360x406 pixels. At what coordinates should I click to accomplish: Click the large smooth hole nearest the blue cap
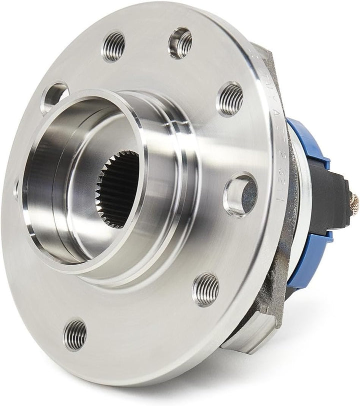[241, 194]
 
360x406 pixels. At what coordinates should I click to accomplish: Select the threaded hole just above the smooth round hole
[230, 98]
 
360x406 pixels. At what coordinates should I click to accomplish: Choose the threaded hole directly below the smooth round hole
[205, 289]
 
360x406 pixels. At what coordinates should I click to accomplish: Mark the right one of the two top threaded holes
[180, 42]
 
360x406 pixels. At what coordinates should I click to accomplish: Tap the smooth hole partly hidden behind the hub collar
[54, 96]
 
